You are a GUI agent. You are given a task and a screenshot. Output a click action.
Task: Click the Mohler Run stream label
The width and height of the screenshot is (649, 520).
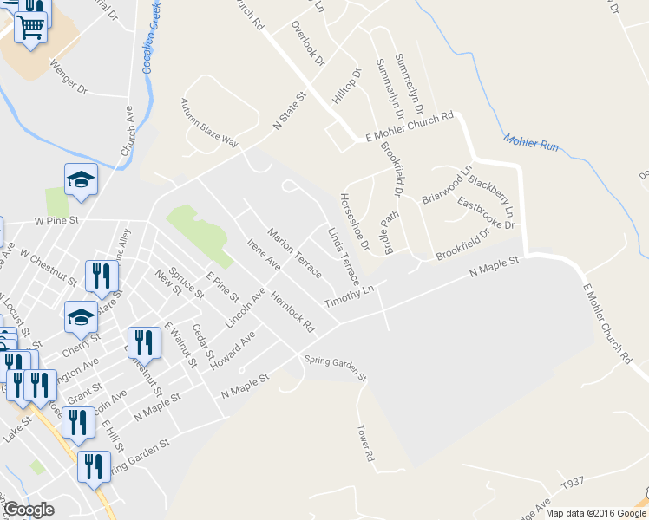(x=530, y=142)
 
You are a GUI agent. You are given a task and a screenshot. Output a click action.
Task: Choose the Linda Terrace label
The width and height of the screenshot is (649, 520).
(x=344, y=257)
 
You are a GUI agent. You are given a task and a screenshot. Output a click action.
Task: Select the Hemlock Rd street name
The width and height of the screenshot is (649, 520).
(x=291, y=313)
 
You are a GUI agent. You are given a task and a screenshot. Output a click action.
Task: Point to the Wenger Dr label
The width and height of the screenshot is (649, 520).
(x=69, y=77)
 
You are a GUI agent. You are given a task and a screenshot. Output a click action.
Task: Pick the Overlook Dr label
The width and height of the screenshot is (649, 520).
(x=307, y=44)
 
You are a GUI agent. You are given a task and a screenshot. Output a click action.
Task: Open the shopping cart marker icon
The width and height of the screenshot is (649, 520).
(x=30, y=28)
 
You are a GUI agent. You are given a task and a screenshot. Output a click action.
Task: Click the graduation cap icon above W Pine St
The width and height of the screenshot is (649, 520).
(x=81, y=179)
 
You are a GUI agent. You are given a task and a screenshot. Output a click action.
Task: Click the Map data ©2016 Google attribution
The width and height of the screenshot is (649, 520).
(x=595, y=513)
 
